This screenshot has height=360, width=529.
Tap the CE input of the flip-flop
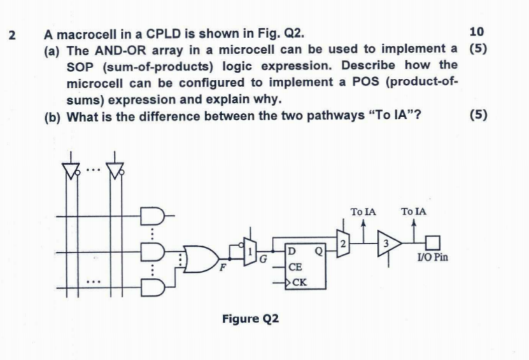click(x=295, y=269)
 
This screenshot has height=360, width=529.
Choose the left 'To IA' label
click(x=363, y=211)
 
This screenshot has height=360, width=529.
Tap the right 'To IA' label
click(x=414, y=211)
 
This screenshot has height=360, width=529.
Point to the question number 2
click(x=11, y=34)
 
